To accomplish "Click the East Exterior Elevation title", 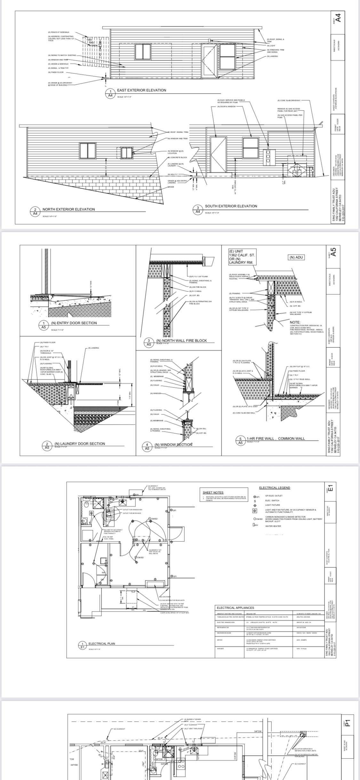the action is (141, 90).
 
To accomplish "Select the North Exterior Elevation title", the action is (69, 209).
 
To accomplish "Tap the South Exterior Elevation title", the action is (231, 206).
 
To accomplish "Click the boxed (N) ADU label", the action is (296, 257).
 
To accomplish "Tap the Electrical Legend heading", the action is (275, 488).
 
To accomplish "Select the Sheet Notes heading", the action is (213, 492).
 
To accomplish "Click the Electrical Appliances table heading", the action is (235, 608).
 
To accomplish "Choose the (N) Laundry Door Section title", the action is (80, 444).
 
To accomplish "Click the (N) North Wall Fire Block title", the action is (181, 341).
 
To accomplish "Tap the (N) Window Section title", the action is (173, 445).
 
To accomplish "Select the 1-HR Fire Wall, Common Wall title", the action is (276, 439).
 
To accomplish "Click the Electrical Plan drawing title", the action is (102, 644).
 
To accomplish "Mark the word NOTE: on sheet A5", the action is (295, 322).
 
